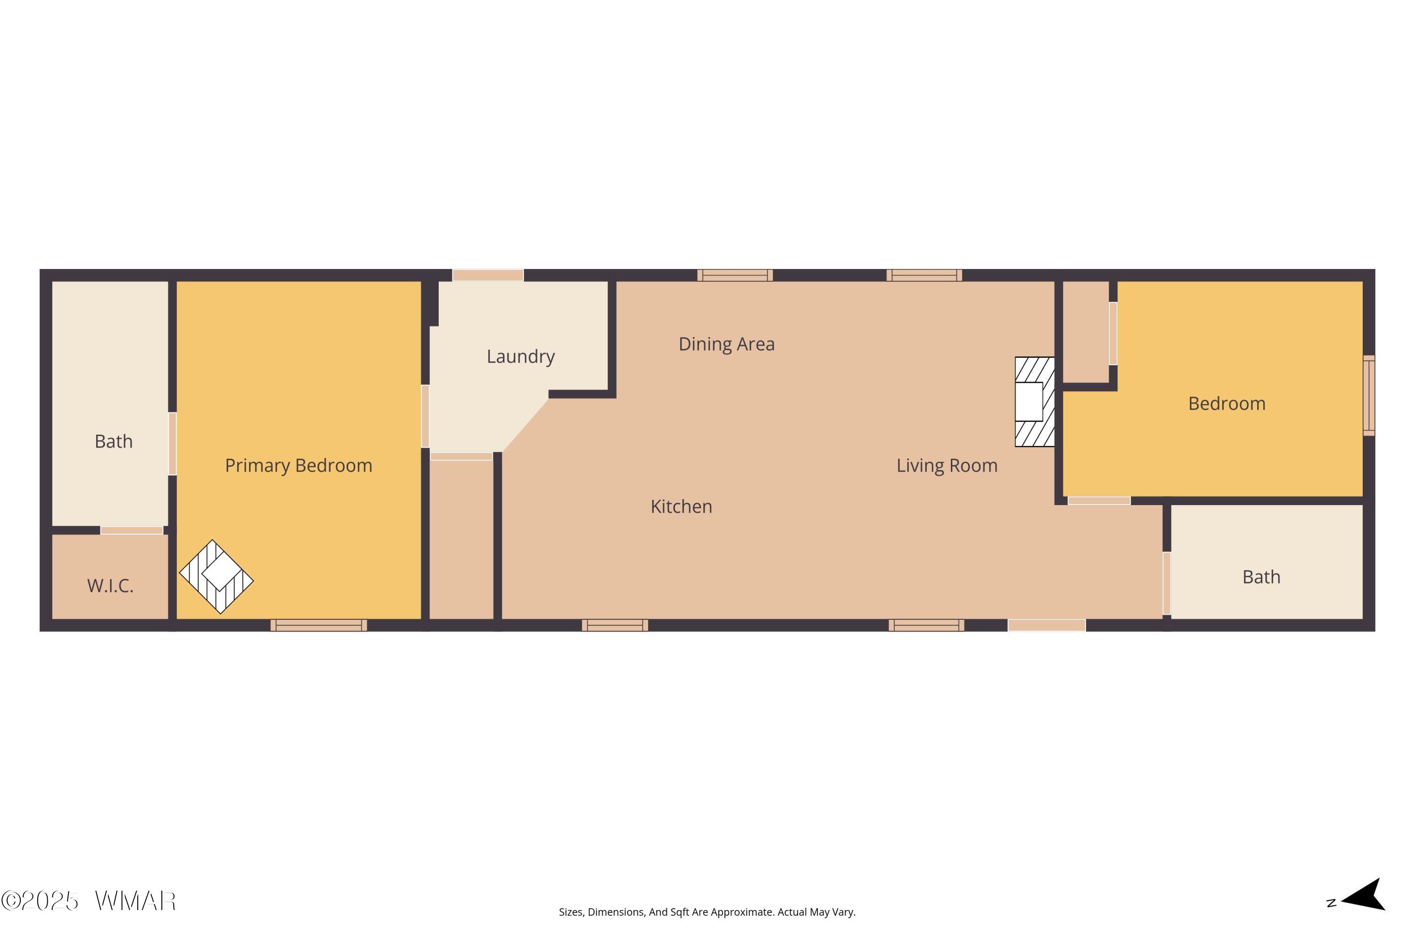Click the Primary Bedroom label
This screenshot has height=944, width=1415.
pos(299,465)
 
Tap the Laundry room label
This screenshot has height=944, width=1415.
pos(520,356)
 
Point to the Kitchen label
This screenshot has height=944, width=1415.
pos(681,506)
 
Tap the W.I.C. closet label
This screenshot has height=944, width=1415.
pos(110,586)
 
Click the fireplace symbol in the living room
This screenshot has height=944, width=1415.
pos(1035,402)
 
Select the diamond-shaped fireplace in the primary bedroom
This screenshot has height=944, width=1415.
pos(216,577)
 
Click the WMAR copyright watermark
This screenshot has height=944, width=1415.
pos(89,901)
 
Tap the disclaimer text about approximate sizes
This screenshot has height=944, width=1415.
pos(707,912)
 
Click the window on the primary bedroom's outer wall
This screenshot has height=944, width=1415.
pos(319,625)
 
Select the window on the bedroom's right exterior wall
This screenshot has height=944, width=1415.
pos(1369,396)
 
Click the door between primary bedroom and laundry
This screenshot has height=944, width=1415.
pos(425,416)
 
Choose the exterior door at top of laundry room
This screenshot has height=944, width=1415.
pos(488,275)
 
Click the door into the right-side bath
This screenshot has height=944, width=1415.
pos(1166,583)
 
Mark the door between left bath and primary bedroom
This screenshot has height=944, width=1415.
pos(172,444)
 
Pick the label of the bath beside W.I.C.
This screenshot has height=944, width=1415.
pos(114,441)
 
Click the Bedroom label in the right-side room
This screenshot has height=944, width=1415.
pos(1227,404)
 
